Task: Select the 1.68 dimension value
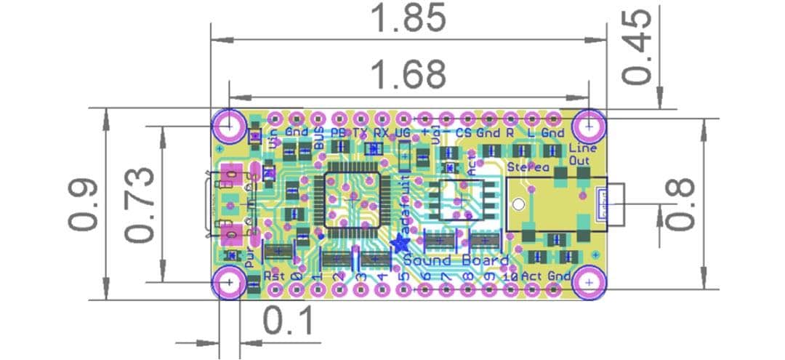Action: (x=408, y=73)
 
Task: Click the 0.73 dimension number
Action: (x=139, y=204)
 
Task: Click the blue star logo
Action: (x=398, y=244)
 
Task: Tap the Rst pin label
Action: (x=273, y=276)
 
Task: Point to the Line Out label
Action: (x=582, y=153)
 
